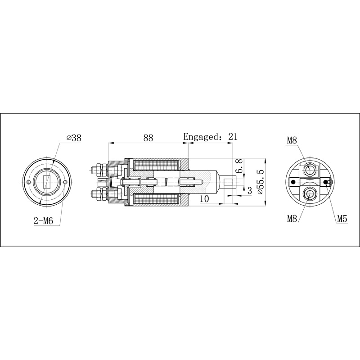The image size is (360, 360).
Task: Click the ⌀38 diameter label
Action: (73, 138)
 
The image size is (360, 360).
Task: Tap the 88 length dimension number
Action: (148, 138)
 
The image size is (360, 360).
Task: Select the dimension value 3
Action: (249, 191)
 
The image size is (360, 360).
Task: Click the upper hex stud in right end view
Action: (310, 169)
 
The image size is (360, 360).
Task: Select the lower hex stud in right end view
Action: (310, 193)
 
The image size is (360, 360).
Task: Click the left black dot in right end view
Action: (293, 181)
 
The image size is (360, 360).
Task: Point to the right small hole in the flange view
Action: (66, 182)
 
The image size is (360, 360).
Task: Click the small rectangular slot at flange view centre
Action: (47, 182)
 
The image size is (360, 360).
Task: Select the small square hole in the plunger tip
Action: (229, 182)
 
